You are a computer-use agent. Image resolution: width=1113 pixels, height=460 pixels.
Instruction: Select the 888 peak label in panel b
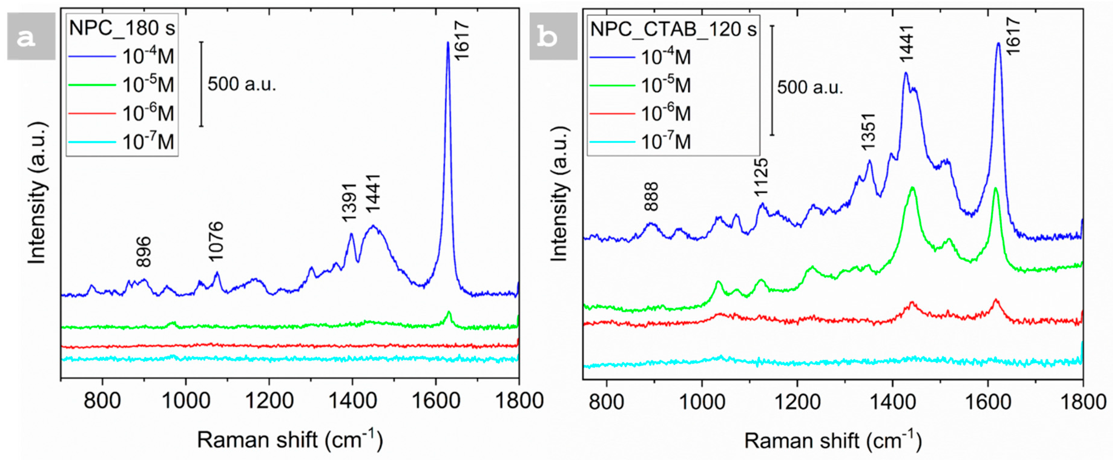(651, 197)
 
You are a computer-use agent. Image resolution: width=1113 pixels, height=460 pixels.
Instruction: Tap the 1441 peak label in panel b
(907, 43)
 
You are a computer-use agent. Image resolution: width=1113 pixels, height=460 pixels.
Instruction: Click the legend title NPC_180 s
(122, 28)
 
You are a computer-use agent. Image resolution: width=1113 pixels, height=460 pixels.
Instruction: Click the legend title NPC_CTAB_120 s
(673, 29)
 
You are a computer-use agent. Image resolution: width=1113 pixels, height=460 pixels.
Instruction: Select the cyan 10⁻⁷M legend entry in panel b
(665, 142)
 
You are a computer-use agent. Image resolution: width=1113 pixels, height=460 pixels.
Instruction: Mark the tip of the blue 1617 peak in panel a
(448, 42)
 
